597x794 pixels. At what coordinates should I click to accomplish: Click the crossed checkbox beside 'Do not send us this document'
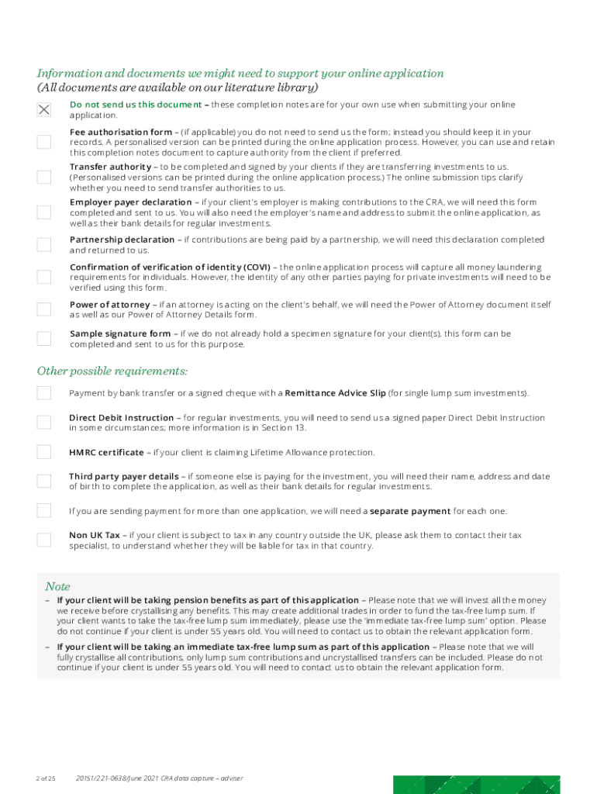pyautogui.click(x=44, y=110)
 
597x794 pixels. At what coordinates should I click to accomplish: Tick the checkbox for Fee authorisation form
pyautogui.click(x=44, y=142)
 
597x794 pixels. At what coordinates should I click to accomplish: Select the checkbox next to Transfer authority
pyautogui.click(x=44, y=177)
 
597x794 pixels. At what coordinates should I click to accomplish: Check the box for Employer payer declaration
pyautogui.click(x=44, y=212)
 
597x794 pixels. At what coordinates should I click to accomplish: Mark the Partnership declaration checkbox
pyautogui.click(x=44, y=244)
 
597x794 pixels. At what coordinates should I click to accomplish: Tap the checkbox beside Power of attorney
pyautogui.click(x=44, y=309)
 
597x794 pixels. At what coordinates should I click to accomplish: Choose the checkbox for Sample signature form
pyautogui.click(x=44, y=338)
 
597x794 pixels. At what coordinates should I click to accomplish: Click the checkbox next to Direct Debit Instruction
pyautogui.click(x=44, y=422)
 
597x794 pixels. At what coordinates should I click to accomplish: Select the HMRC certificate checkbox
pyautogui.click(x=44, y=452)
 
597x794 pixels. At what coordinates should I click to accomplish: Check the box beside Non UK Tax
pyautogui.click(x=44, y=540)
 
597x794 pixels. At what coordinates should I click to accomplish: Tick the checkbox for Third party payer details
pyautogui.click(x=44, y=481)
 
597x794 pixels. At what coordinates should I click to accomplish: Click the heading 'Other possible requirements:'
pyautogui.click(x=112, y=371)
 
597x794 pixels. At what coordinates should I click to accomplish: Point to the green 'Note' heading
pyautogui.click(x=57, y=586)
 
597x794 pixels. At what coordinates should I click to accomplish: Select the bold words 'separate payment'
pyautogui.click(x=410, y=511)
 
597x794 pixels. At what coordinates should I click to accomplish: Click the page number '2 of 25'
pyautogui.click(x=45, y=778)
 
